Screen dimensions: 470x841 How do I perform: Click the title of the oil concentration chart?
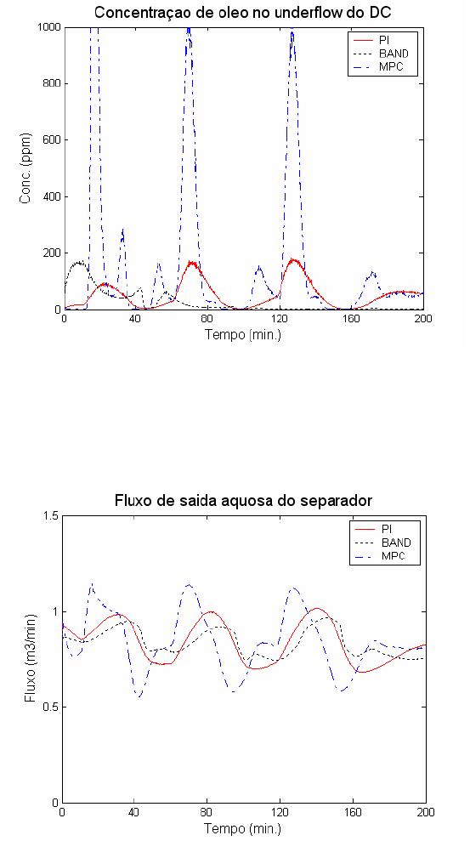click(x=244, y=12)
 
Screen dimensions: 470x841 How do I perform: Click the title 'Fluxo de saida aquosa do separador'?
click(x=244, y=501)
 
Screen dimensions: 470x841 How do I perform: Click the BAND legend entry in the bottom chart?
click(x=382, y=543)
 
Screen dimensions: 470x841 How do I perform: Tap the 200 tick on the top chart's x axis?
click(x=423, y=319)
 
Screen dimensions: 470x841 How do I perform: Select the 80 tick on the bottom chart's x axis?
click(x=208, y=812)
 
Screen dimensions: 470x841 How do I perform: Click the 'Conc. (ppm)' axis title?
click(x=25, y=168)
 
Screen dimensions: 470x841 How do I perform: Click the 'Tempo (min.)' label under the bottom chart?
click(x=244, y=827)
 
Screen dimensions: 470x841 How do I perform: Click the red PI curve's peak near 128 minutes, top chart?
click(x=292, y=259)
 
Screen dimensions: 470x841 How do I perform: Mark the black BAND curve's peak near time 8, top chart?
click(x=79, y=262)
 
